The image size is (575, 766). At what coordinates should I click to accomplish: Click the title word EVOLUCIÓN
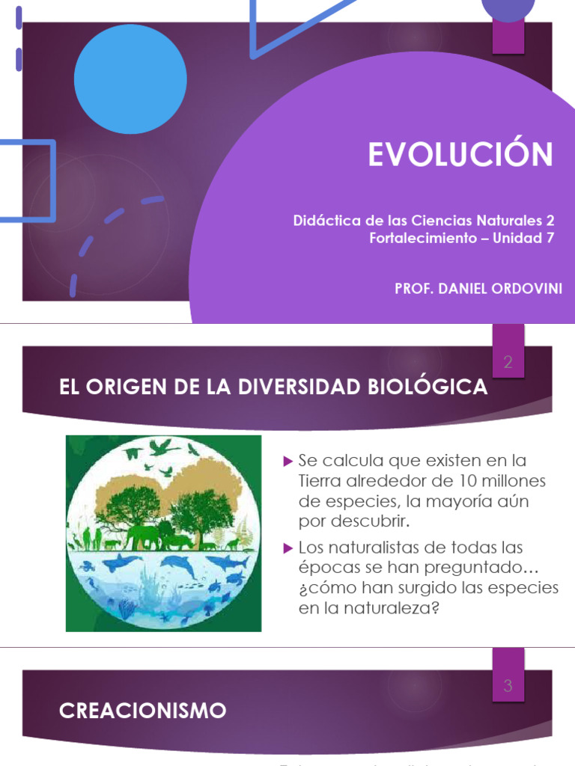pyautogui.click(x=460, y=154)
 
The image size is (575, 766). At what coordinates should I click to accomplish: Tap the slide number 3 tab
pyautogui.click(x=508, y=685)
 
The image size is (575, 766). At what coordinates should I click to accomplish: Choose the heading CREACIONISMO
pyautogui.click(x=142, y=710)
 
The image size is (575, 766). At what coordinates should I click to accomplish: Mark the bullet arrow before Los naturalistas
pyautogui.click(x=287, y=549)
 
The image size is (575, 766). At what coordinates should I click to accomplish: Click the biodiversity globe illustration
pyautogui.click(x=163, y=533)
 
